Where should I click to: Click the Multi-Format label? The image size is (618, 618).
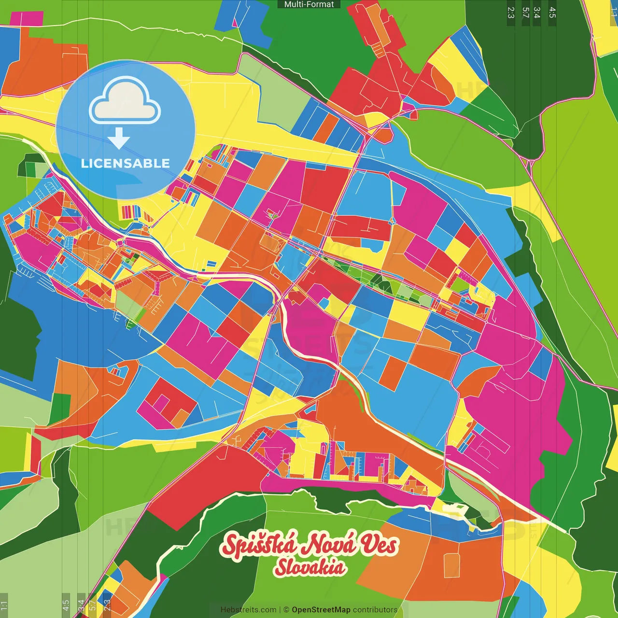tap(309, 4)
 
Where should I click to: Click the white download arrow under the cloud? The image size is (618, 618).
tap(119, 139)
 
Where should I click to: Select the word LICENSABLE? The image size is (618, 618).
tap(126, 163)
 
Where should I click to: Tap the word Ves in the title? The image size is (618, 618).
tap(379, 545)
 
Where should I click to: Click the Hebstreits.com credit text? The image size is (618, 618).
tap(248, 610)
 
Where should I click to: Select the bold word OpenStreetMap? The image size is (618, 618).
tap(321, 610)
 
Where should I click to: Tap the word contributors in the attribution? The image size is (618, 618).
tap(375, 610)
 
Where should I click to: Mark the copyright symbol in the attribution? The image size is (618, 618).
tap(286, 610)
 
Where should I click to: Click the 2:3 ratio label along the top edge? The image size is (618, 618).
tap(511, 13)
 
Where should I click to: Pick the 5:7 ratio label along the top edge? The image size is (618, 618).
tap(526, 13)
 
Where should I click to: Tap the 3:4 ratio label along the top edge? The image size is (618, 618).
tap(537, 13)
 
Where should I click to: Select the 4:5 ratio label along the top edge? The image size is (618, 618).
tap(552, 13)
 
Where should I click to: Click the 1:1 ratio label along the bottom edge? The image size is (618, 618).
tap(4, 605)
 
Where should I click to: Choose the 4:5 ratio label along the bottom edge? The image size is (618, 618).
tap(66, 605)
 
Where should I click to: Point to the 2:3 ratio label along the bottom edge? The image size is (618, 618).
tap(107, 605)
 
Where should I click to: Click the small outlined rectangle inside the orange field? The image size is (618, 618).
tap(452, 565)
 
